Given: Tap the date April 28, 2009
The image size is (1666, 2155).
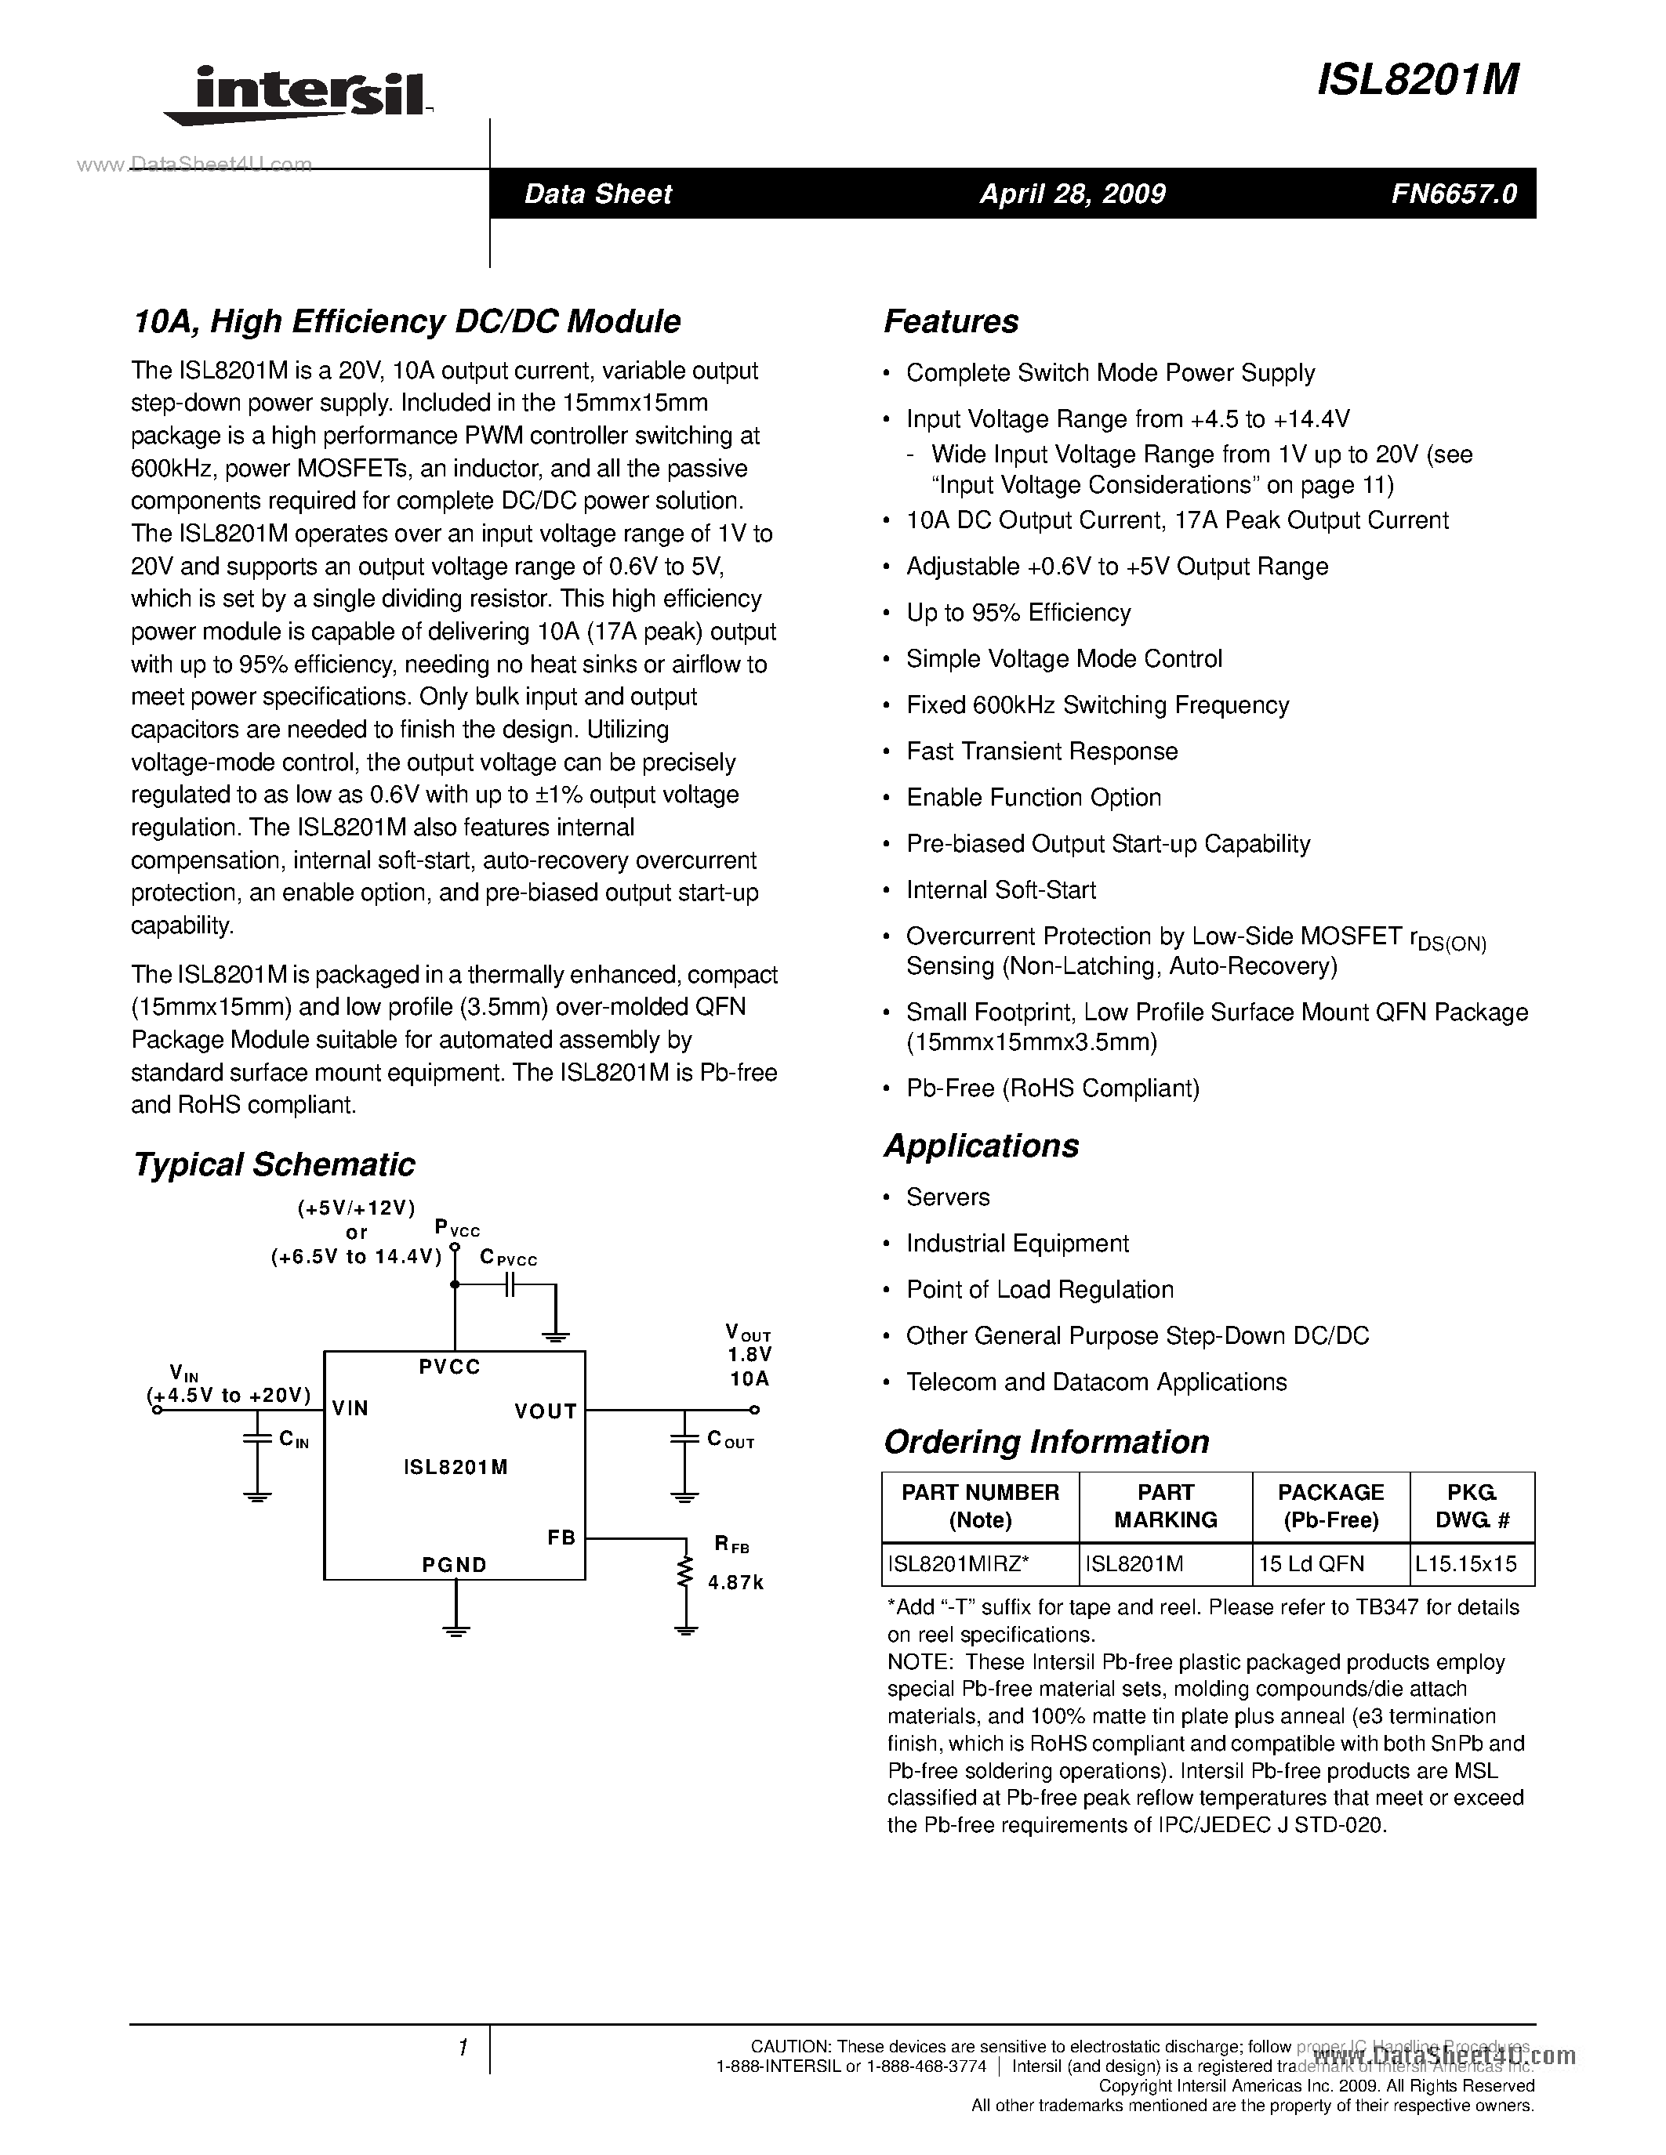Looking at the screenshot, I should coord(1072,194).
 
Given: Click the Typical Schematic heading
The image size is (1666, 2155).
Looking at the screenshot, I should coord(274,1164).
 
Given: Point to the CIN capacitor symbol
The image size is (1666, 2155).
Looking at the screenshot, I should coord(256,1440).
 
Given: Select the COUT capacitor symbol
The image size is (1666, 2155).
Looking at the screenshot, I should coord(684,1440).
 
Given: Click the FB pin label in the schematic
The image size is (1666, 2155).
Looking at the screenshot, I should coord(561,1537).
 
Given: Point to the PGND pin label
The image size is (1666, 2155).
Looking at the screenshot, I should coord(454,1565).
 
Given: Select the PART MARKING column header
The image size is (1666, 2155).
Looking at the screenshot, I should coord(1166,1505).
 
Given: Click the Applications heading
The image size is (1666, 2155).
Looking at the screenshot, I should coord(981,1146).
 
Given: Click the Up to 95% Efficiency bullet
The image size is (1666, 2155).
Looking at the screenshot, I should coord(1018,613).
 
